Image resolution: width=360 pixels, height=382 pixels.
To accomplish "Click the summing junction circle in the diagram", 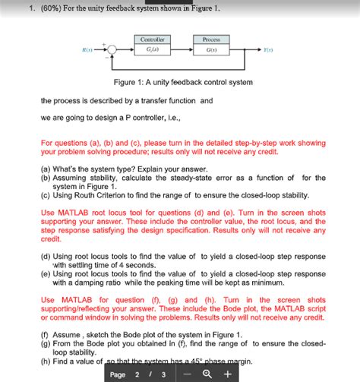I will [113, 51].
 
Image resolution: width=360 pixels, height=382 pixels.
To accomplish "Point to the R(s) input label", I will [90, 51].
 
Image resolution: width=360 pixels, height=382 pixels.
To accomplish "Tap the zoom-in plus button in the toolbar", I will [228, 374].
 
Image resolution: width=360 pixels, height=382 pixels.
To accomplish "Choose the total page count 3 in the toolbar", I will [163, 374].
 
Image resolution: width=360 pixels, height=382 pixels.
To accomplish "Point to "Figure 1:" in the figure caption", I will [131, 82].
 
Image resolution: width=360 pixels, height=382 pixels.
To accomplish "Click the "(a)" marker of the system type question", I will [46, 169].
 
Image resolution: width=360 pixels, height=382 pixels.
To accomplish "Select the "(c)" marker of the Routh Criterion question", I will [46, 194].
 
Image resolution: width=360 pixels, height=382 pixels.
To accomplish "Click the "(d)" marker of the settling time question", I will [46, 256].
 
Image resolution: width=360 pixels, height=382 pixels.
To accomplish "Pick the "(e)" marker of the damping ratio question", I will [46, 273].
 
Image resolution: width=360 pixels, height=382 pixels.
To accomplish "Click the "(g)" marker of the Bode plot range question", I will [46, 343].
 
